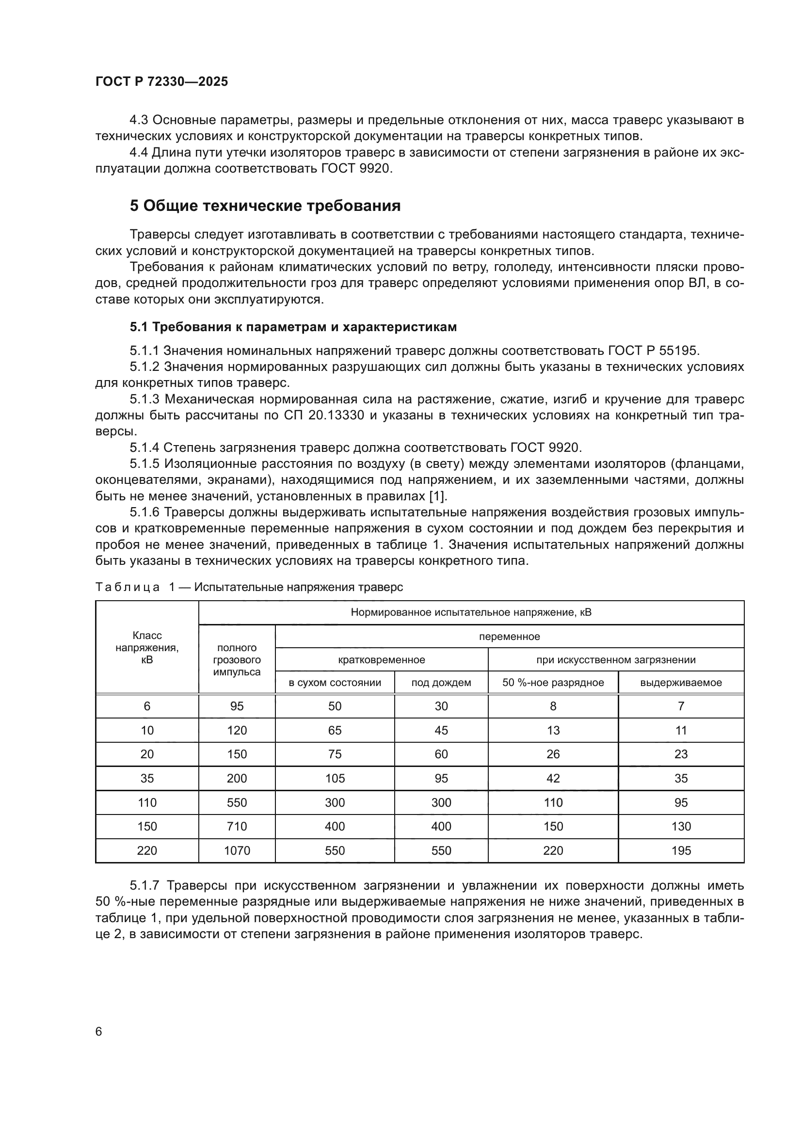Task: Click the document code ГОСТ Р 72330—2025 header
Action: coord(161,81)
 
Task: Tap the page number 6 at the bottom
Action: coord(99,1031)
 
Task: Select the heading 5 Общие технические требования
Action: coord(265,206)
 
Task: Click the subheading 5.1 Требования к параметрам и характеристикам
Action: coord(293,327)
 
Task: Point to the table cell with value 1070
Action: coord(237,850)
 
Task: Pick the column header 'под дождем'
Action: coord(441,683)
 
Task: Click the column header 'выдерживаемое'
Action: coord(680,683)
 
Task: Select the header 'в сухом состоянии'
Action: coord(335,683)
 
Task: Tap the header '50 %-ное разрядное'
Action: coord(553,683)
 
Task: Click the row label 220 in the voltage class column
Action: coord(147,850)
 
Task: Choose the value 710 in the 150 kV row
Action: coord(237,826)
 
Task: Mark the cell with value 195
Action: coord(680,850)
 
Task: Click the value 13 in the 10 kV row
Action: coord(553,731)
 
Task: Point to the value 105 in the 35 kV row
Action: coord(335,779)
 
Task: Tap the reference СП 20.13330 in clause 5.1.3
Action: coord(323,415)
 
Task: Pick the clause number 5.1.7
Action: coord(146,886)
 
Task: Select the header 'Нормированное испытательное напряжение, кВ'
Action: coord(471,612)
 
